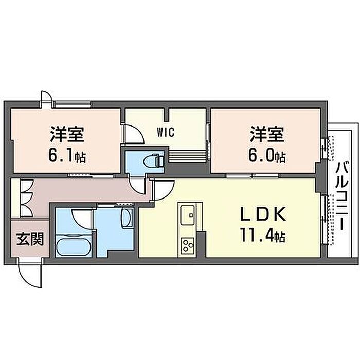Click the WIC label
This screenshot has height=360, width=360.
pos(166,132)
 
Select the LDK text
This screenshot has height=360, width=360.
pos(263,214)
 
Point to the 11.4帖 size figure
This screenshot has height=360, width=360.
pos(263,235)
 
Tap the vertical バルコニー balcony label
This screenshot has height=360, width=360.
pos(343,195)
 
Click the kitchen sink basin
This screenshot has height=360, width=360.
pos(187,215)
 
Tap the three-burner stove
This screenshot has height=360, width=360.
pos(187,246)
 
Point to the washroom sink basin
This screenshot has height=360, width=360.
pos(127,218)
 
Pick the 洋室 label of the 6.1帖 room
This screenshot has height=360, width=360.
pos(66,134)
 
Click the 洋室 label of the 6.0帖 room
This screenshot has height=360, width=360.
pos(267,134)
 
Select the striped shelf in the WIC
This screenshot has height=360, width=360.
pos(187,156)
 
